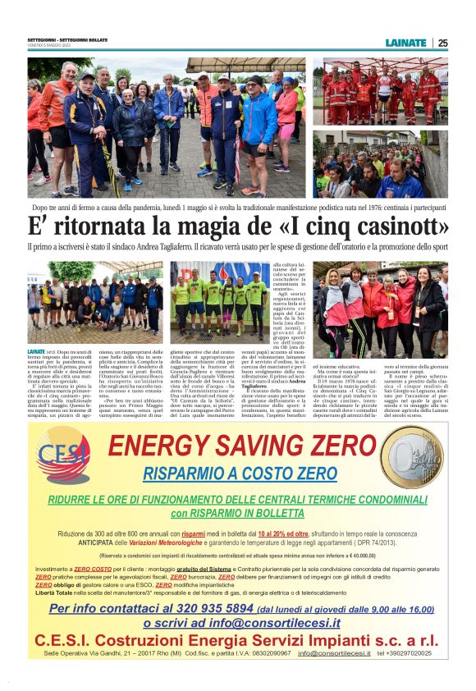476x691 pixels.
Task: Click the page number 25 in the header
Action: click(443, 43)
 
